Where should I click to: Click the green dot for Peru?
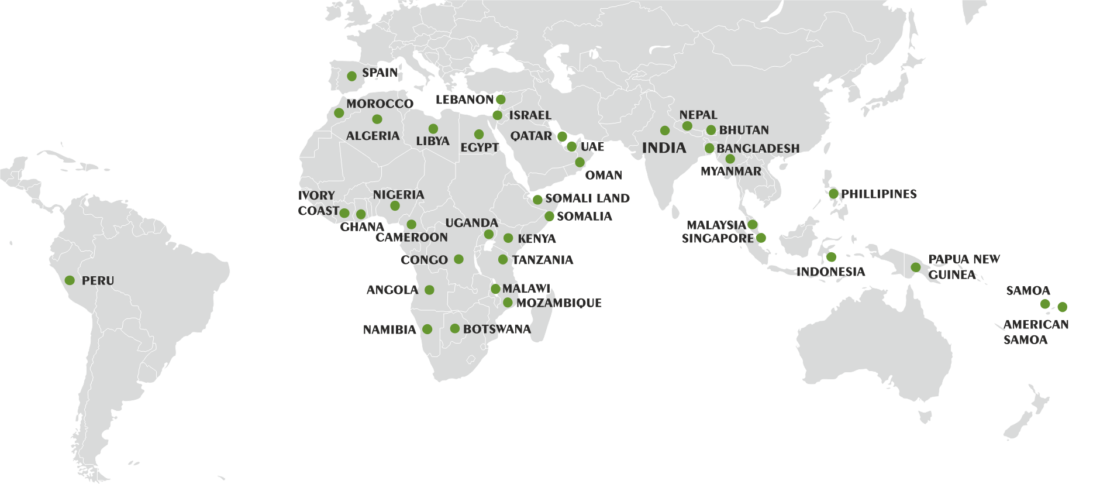pyautogui.click(x=70, y=280)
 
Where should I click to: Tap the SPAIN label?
pyautogui.click(x=380, y=73)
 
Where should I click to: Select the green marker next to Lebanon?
pyautogui.click(x=501, y=99)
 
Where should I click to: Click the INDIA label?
pyautogui.click(x=664, y=148)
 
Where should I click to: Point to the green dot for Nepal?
pyautogui.click(x=687, y=126)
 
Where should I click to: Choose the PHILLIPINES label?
pyautogui.click(x=878, y=194)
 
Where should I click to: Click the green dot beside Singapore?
pyautogui.click(x=761, y=238)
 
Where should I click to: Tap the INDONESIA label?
pyautogui.click(x=830, y=272)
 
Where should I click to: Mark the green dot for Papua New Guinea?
pyautogui.click(x=916, y=267)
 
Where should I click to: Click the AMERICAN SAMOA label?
pyautogui.click(x=1036, y=332)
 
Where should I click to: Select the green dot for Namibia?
pyautogui.click(x=427, y=329)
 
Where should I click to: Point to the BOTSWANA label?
pyautogui.click(x=496, y=329)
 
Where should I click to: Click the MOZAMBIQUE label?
pyautogui.click(x=558, y=303)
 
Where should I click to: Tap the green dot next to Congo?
pyautogui.click(x=458, y=259)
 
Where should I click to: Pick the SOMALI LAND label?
pyautogui.click(x=587, y=198)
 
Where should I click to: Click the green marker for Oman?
pyautogui.click(x=580, y=162)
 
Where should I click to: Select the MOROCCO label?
pyautogui.click(x=380, y=104)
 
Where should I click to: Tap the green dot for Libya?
pyautogui.click(x=433, y=129)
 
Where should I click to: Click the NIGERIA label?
pyautogui.click(x=398, y=194)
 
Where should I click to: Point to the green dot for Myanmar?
pyautogui.click(x=730, y=159)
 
